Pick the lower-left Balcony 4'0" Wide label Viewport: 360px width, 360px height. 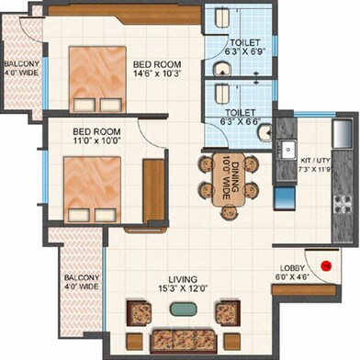click(81, 281)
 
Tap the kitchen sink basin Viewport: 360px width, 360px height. click(288, 149)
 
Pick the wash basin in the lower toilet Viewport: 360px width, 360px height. click(263, 134)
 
